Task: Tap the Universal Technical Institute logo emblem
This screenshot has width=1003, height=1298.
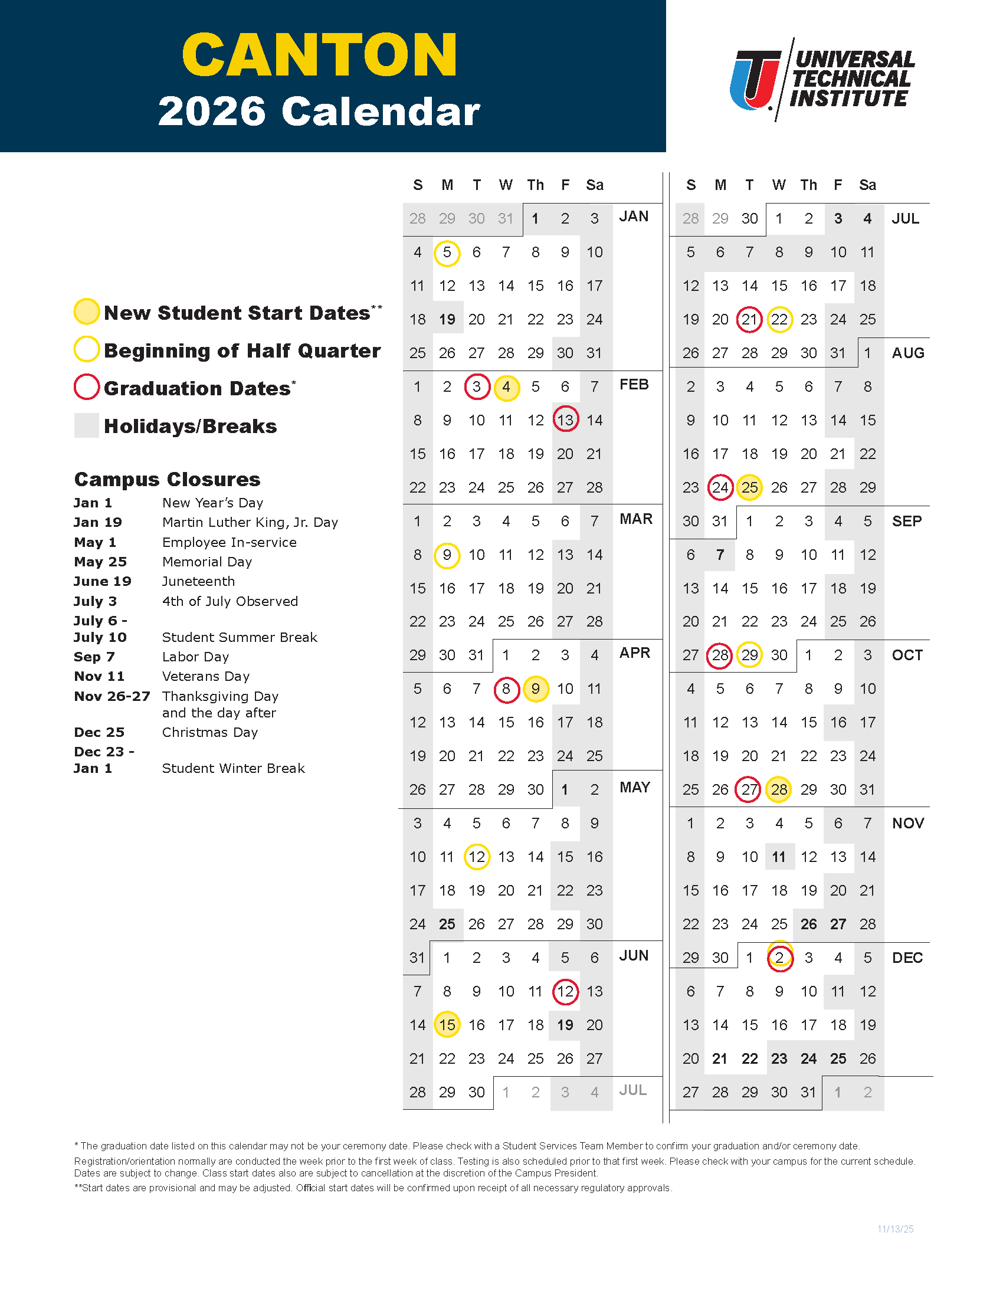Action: pos(755,80)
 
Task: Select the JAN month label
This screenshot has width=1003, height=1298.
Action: pos(634,217)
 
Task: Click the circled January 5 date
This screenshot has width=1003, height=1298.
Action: pos(447,253)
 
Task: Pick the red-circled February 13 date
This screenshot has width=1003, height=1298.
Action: pos(565,420)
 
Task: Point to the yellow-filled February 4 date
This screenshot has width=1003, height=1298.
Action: pos(506,387)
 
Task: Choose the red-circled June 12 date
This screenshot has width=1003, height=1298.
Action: pos(565,991)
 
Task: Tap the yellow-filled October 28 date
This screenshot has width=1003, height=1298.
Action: pos(778,790)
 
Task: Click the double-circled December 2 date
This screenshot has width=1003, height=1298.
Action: pos(779,958)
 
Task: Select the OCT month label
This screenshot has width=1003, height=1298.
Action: pos(907,655)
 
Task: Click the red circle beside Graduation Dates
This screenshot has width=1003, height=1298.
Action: pos(87,388)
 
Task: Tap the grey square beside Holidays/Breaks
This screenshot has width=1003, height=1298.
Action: pos(87,425)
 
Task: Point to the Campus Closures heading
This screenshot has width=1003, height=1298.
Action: pos(167,479)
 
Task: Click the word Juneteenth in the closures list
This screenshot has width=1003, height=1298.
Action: pos(198,581)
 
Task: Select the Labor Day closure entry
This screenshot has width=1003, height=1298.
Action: pos(195,657)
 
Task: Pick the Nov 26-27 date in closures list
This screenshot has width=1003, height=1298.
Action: pos(112,696)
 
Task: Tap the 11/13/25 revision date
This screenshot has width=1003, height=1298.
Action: pos(895,1229)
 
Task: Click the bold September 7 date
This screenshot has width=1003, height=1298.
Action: pos(720,555)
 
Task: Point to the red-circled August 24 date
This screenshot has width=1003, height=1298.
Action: pos(720,488)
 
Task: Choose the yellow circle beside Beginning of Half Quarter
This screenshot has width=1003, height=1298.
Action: pos(87,349)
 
